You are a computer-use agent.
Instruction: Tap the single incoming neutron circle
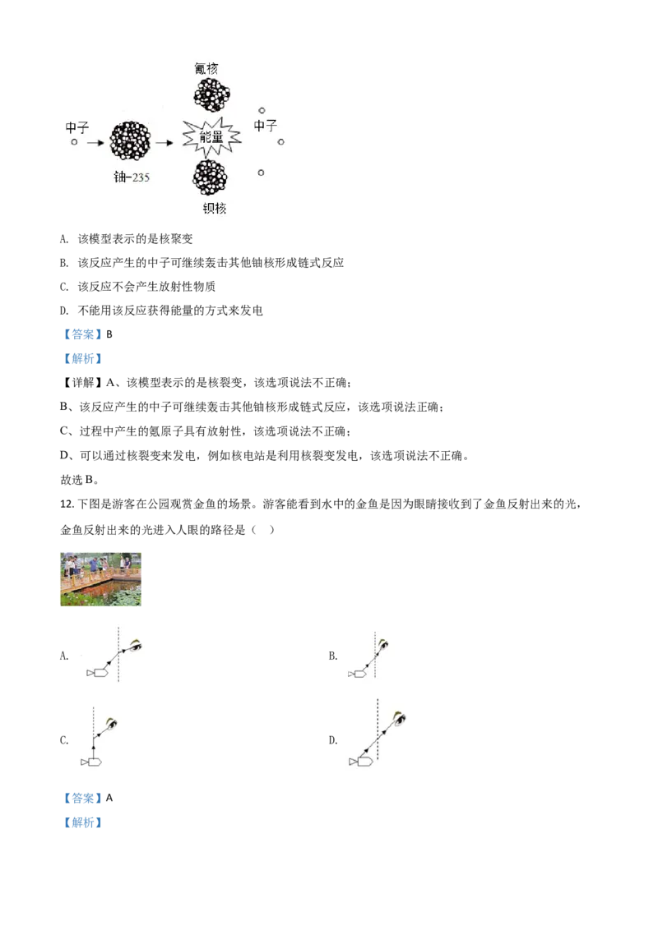[x=74, y=142]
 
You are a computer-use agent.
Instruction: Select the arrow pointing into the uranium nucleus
[x=94, y=142]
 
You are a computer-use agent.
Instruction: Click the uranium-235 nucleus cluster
[x=132, y=142]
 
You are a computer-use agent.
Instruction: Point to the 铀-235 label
[x=132, y=177]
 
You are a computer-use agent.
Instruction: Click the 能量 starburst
[x=214, y=140]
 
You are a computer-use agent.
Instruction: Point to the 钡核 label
[x=214, y=208]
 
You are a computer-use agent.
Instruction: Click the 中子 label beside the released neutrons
[x=265, y=126]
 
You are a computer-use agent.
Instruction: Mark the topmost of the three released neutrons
[x=262, y=110]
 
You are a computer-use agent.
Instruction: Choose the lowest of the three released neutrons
[x=261, y=173]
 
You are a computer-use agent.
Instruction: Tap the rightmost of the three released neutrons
[x=281, y=142]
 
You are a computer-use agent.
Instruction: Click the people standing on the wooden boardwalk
[x=95, y=564]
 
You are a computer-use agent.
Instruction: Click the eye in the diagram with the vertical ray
[x=111, y=724]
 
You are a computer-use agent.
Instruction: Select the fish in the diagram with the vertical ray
[x=91, y=762]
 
